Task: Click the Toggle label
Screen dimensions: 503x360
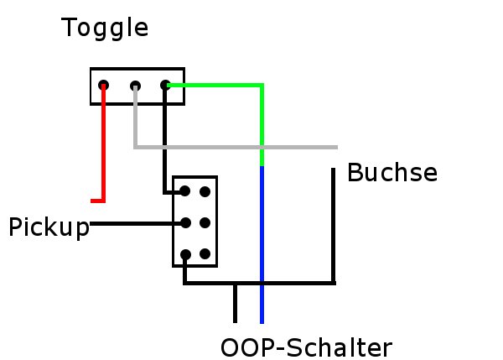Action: [105, 29]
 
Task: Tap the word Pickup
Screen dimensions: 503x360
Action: [49, 227]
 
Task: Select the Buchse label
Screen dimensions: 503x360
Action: [392, 173]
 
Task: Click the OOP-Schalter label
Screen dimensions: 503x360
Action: [306, 347]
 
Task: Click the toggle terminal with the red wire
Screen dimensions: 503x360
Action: [103, 86]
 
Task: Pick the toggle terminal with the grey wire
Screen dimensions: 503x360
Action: [135, 86]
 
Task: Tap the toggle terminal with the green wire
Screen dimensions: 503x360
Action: [165, 85]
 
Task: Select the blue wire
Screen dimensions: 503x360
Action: [262, 244]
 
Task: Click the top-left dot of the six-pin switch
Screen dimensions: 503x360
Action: [185, 191]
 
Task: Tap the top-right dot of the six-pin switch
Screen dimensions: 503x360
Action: [205, 191]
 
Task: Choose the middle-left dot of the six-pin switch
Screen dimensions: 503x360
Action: [186, 222]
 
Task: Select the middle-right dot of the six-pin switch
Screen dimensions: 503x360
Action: [205, 222]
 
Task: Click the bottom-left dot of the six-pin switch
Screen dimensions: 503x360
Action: [185, 254]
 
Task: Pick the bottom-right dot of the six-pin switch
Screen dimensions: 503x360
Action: [205, 253]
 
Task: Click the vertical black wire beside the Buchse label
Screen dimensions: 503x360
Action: [334, 225]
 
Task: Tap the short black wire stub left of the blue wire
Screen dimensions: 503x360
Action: [235, 304]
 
